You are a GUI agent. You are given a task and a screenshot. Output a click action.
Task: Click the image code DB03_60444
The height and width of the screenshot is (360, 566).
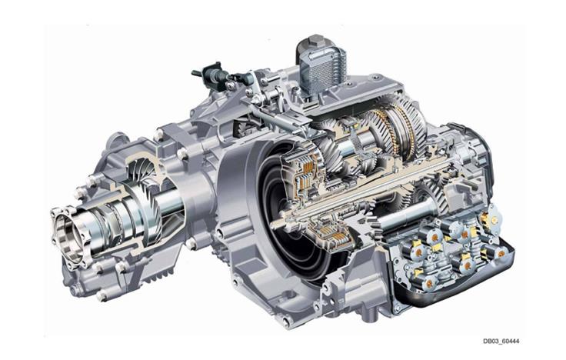coord(501,341)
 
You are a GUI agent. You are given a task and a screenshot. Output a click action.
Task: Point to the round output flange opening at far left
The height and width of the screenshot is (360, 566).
coord(68,235)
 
